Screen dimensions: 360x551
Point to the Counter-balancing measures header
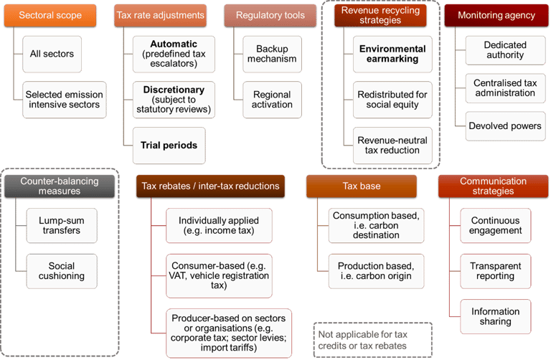click(60, 186)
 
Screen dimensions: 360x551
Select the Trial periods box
click(169, 145)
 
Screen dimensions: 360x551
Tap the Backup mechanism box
click(271, 54)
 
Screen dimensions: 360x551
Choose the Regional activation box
click(271, 100)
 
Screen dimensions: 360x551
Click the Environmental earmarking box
click(392, 54)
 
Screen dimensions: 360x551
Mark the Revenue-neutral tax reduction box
click(392, 145)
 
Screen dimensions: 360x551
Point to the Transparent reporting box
click(495, 271)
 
